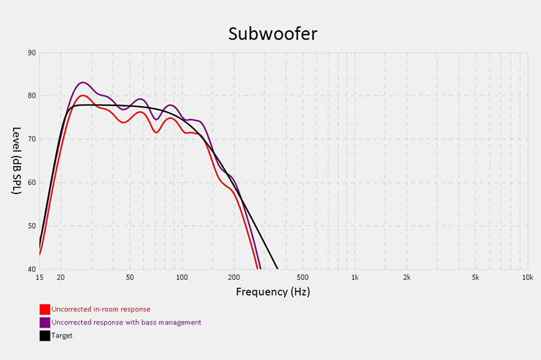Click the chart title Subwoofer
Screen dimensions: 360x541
click(272, 33)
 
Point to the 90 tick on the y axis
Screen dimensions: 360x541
click(32, 53)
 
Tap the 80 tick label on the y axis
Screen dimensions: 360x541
click(32, 96)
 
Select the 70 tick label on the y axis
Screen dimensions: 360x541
click(32, 139)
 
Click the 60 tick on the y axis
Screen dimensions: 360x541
click(32, 183)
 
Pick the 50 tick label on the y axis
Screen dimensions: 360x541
click(32, 226)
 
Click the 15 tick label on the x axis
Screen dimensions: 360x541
click(40, 277)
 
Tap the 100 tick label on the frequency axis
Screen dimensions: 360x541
click(182, 277)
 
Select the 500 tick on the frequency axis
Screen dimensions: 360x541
click(303, 277)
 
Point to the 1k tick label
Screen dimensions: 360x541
click(354, 277)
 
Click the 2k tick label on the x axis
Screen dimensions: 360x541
click(407, 277)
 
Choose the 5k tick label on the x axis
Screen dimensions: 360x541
click(475, 277)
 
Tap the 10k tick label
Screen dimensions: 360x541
click(527, 277)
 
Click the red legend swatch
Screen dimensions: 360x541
click(45, 309)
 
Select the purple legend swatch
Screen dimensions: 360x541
click(45, 322)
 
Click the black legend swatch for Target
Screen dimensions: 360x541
click(45, 335)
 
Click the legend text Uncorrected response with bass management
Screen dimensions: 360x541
click(126, 322)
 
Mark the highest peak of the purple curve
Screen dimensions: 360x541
click(82, 82)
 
